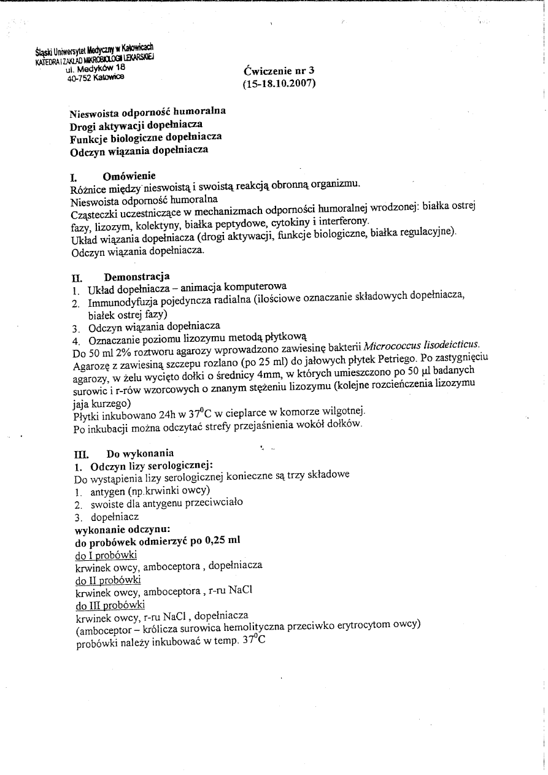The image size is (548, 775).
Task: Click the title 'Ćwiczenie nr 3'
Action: point(279,71)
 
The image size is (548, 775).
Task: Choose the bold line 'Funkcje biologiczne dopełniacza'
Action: point(146,137)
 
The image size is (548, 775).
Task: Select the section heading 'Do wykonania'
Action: point(140,455)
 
